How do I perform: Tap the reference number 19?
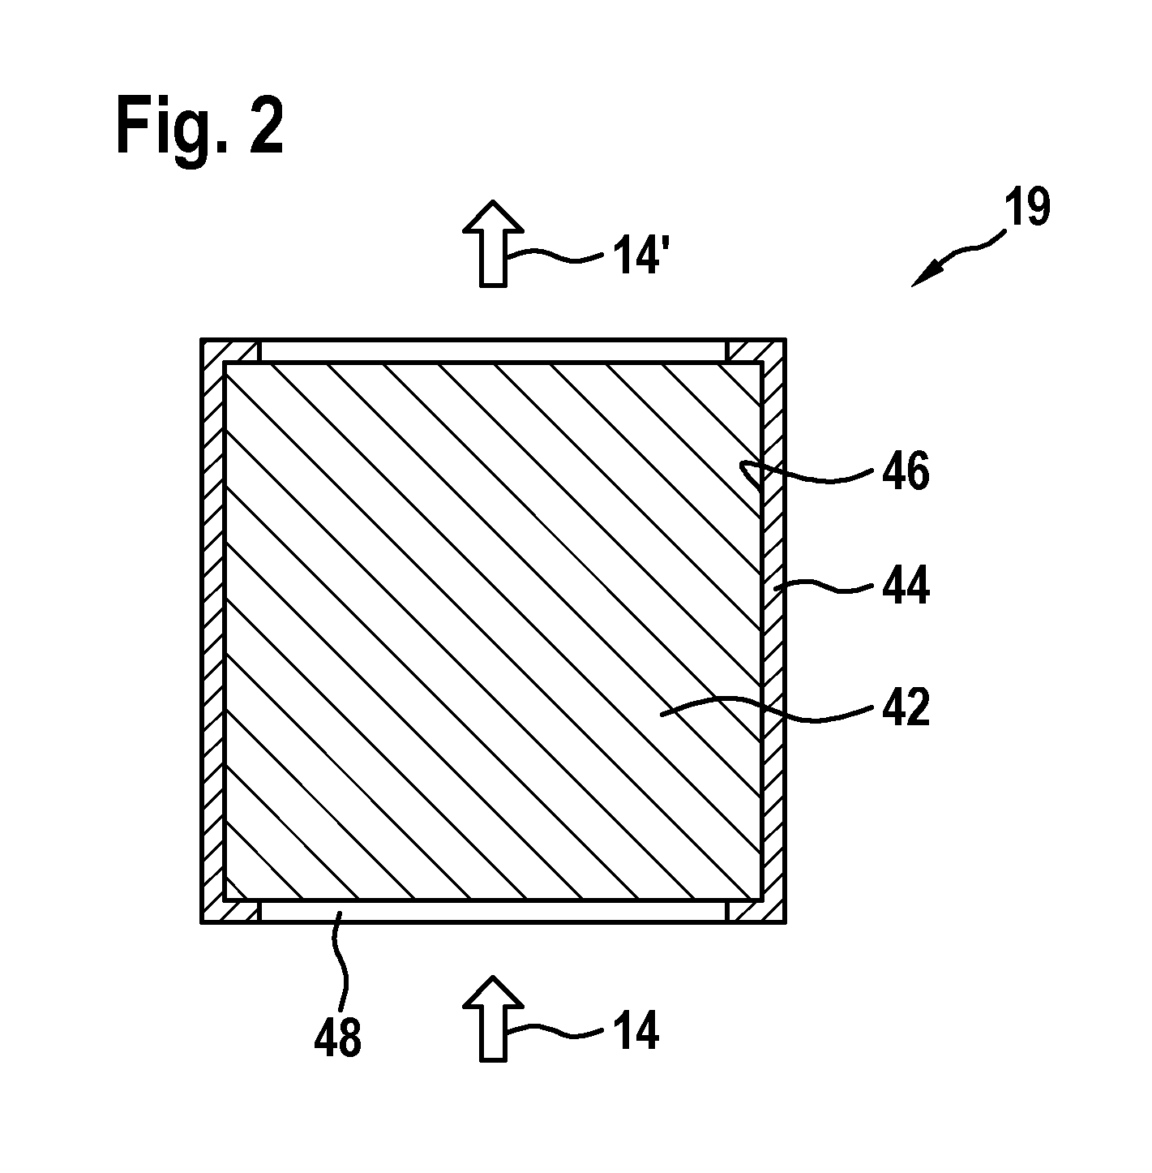(1027, 208)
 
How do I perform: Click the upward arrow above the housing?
(493, 243)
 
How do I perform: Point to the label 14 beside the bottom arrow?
(636, 1030)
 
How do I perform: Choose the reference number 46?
(906, 470)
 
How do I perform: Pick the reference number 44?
(906, 585)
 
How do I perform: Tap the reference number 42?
(906, 707)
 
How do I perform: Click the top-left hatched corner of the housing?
(230, 350)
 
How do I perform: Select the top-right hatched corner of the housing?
(756, 350)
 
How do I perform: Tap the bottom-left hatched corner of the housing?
(230, 911)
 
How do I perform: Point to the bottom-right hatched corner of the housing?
(756, 911)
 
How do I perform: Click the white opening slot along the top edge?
(493, 351)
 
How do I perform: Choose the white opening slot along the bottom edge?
(493, 911)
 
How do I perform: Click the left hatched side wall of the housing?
(213, 631)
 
